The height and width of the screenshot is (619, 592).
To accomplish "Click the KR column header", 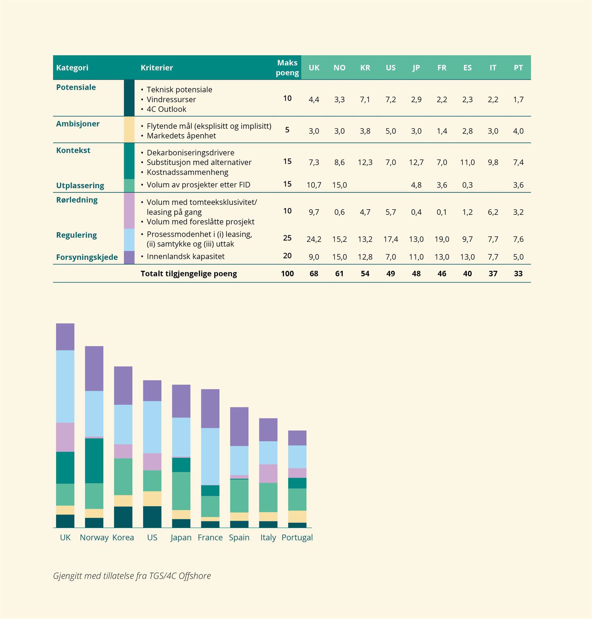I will tap(365, 68).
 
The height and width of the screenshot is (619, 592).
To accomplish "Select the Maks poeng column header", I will tap(287, 68).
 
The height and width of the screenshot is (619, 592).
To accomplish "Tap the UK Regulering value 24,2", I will tap(314, 239).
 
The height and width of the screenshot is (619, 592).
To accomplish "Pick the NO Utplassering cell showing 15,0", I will tap(339, 185).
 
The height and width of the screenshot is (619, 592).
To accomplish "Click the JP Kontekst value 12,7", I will tap(416, 162).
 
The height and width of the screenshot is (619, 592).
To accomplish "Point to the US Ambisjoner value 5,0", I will tap(390, 131).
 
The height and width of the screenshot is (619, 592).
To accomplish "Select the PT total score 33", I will tap(518, 274).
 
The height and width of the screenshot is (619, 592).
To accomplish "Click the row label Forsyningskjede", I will tap(87, 257).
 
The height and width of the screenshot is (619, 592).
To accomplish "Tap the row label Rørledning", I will tap(77, 200).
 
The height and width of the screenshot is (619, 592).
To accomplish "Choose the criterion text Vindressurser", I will tap(171, 99).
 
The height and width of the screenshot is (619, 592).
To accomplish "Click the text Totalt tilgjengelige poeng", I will tap(188, 274).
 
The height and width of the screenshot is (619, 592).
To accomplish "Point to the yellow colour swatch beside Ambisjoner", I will tap(129, 129).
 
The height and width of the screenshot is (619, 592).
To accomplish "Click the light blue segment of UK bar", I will tap(65, 386).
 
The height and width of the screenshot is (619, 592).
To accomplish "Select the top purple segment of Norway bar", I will tap(94, 368).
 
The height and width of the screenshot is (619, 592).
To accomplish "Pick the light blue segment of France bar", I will tap(210, 456).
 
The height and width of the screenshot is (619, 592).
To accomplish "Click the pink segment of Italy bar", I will tap(268, 473).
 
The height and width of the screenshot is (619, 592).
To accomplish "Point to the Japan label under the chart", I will tap(181, 538).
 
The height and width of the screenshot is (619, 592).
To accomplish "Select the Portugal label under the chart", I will tap(297, 538).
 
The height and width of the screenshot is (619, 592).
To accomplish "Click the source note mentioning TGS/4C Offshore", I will tap(132, 576).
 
